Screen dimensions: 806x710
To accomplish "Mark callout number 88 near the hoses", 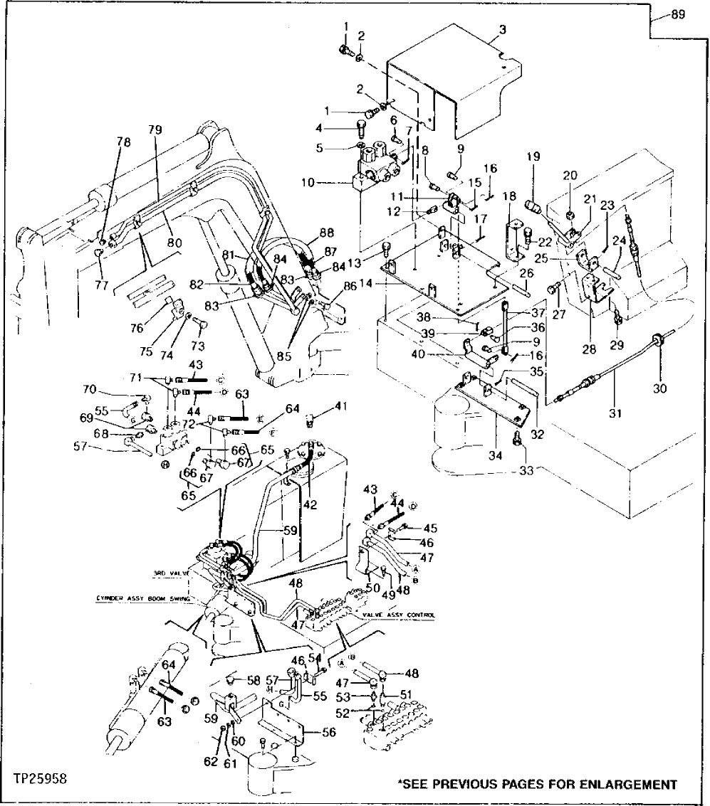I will click(327, 232).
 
